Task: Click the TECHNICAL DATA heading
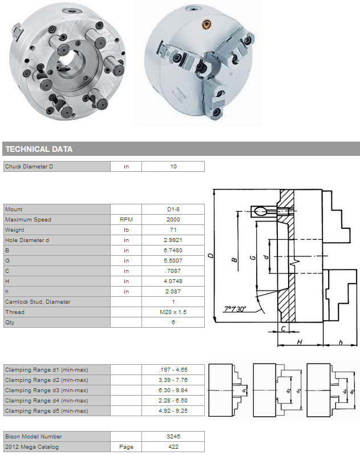click(x=39, y=149)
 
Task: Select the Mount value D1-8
click(x=173, y=209)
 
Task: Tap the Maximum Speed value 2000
click(x=173, y=220)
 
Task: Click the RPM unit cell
click(x=126, y=220)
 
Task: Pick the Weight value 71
click(x=173, y=230)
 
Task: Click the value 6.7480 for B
click(x=173, y=251)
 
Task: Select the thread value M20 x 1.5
click(x=173, y=312)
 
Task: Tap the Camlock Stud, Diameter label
click(x=38, y=302)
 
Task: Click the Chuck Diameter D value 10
click(x=173, y=167)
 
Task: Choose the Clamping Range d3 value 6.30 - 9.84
click(x=173, y=390)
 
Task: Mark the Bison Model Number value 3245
click(x=173, y=436)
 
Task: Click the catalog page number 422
click(x=173, y=447)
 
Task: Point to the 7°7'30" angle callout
click(x=235, y=309)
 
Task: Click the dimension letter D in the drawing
click(x=211, y=256)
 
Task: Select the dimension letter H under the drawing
click(x=300, y=342)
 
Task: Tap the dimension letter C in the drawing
click(x=284, y=328)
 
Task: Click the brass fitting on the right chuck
click(x=207, y=25)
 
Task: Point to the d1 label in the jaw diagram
click(x=244, y=390)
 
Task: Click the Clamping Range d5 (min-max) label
click(x=46, y=411)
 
